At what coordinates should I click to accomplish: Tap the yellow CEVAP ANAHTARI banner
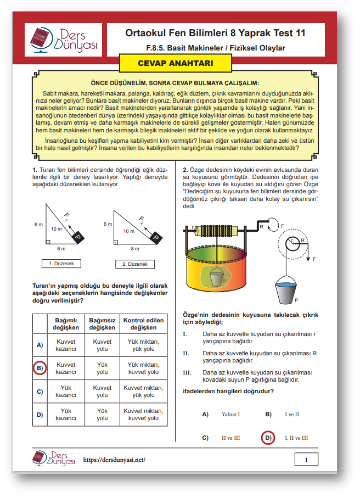175,63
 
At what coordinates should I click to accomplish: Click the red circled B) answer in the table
40,368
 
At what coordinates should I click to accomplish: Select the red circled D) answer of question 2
268,438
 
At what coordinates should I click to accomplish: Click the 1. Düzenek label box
61,264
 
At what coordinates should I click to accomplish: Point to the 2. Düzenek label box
134,264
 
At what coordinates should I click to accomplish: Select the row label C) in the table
40,392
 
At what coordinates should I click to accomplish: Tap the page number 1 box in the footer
306,460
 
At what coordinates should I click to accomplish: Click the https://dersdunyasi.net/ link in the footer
114,460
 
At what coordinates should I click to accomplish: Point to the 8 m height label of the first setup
38,225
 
